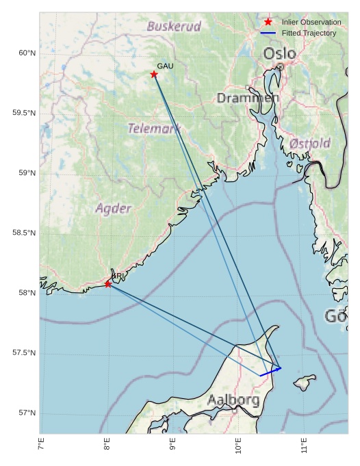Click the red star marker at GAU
[x=154, y=75]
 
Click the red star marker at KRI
[x=108, y=283]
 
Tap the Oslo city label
[x=279, y=53]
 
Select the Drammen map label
[x=248, y=99]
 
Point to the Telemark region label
[x=154, y=128]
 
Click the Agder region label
[x=113, y=208]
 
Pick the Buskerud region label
[x=174, y=27]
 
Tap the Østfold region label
[x=309, y=144]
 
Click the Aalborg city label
[x=233, y=400]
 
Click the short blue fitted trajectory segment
[x=270, y=372]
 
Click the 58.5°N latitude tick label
[x=23, y=233]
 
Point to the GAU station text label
[x=165, y=66]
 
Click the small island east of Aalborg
[x=305, y=380]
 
